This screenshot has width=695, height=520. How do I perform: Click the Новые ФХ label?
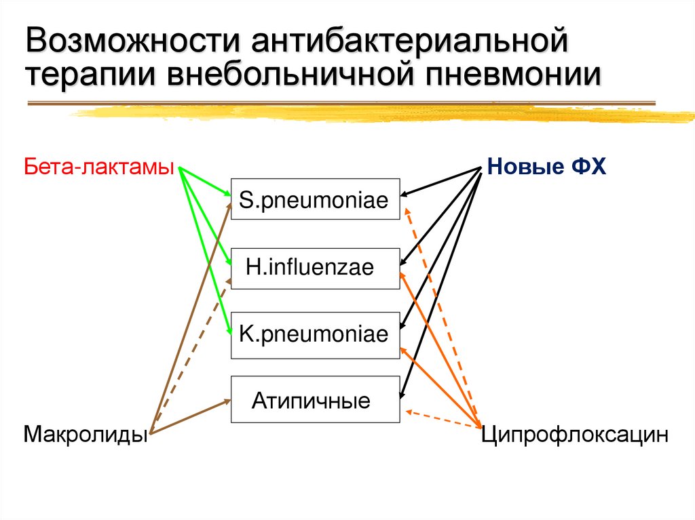546,166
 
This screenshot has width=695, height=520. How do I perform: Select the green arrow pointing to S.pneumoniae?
206,182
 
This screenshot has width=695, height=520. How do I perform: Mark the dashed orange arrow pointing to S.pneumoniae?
441,312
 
